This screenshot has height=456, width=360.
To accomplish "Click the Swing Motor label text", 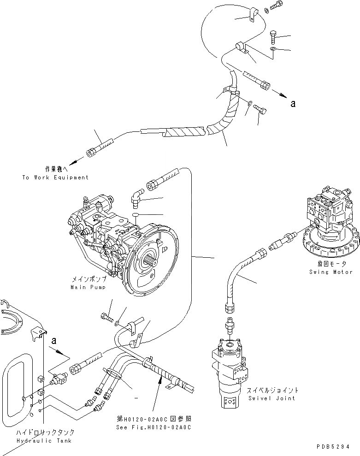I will coord(331,272).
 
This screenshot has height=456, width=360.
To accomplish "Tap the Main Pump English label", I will coord(88,287).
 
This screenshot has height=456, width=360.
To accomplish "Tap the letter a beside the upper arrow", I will coord(292,104).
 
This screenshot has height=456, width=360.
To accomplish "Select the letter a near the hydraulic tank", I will coord(54,341).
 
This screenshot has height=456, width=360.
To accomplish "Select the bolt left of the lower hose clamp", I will coord(106,317).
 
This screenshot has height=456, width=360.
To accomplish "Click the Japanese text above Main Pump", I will coord(89,280).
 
